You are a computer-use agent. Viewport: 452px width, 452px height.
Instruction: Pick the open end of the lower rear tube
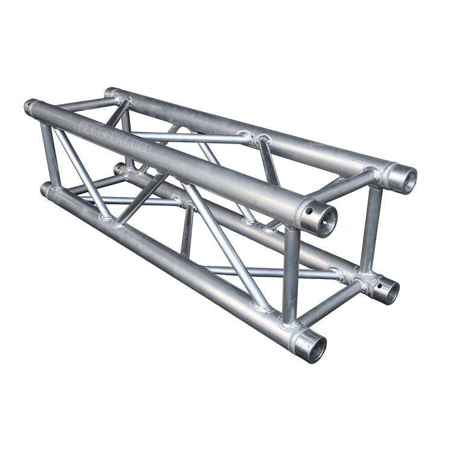pos(388,291)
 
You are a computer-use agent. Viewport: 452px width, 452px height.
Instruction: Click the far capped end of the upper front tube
pos(30,107)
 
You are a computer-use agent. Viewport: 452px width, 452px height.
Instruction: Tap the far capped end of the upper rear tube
pos(110,92)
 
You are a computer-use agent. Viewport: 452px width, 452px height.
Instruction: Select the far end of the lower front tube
pos(46,189)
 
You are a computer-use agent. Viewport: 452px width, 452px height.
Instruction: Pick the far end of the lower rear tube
pos(119,168)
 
